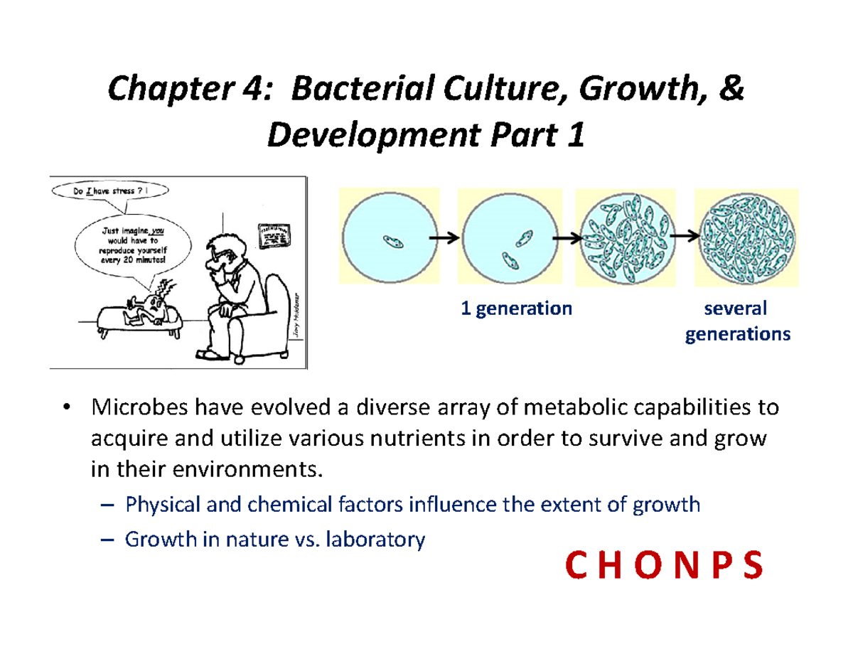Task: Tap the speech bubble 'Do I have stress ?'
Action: coord(111,190)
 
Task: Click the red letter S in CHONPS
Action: coord(753,567)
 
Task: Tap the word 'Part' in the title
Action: coord(525,137)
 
